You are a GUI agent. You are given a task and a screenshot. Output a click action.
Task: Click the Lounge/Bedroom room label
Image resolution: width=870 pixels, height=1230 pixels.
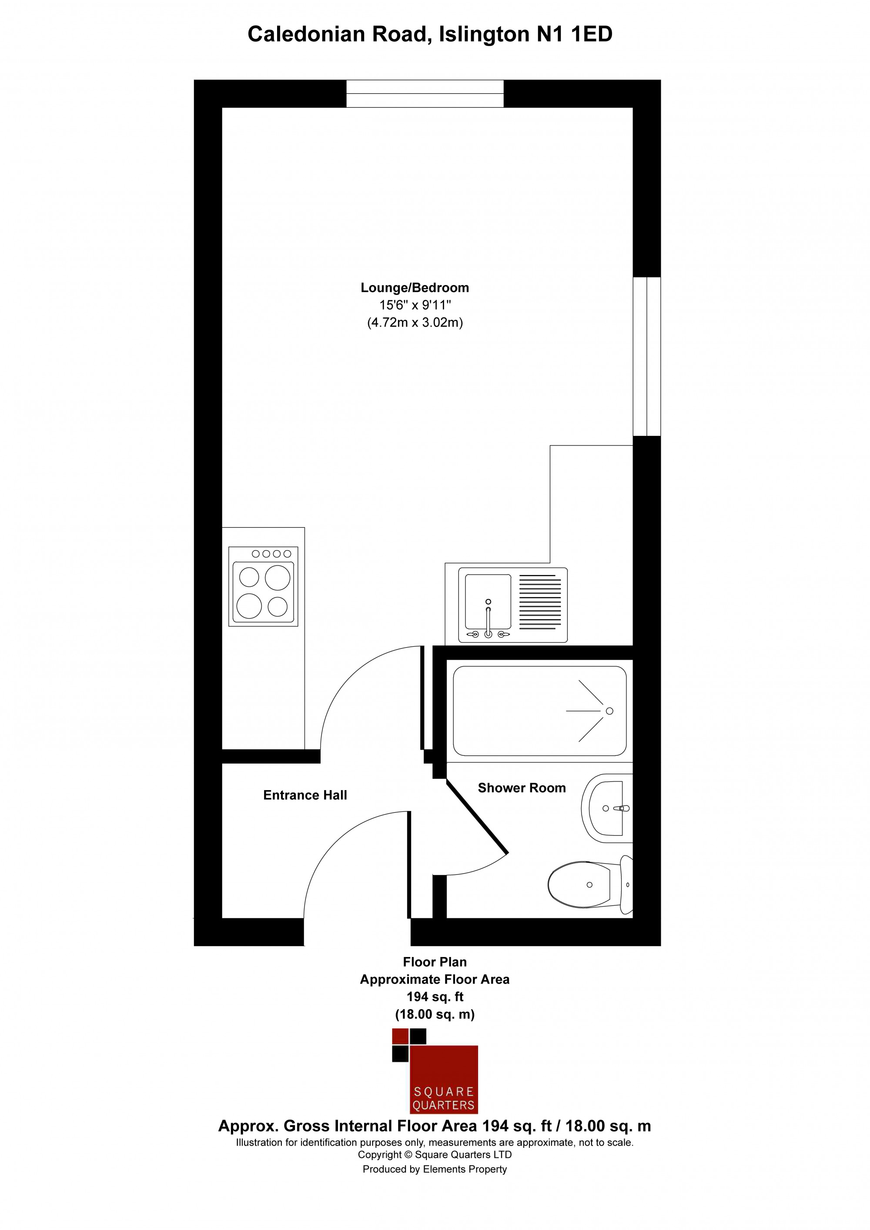coord(415,288)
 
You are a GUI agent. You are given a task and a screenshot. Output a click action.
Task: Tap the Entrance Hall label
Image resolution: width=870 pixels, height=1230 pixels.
coord(305,795)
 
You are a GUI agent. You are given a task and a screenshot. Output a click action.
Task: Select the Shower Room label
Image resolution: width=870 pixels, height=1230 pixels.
coord(522,788)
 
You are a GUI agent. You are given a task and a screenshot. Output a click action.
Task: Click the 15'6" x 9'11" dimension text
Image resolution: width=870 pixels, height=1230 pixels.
coord(415,306)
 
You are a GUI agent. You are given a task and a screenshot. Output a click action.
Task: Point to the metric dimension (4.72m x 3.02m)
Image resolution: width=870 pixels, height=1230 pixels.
coord(415,322)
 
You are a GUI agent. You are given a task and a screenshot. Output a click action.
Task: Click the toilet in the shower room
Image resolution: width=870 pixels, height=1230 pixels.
coord(590,884)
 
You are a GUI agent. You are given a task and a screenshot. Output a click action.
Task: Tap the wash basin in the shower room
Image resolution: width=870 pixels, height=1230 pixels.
coord(607,808)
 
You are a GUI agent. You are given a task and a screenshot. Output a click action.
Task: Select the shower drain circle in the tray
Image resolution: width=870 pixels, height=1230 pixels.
coord(609,711)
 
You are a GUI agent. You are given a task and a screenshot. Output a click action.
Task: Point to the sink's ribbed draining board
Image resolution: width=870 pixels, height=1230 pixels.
coord(540,602)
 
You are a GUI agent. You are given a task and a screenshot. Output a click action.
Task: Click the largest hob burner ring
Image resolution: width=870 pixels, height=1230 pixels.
coord(277,578)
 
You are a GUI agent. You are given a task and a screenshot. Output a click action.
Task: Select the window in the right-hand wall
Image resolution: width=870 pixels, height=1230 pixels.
coord(646,356)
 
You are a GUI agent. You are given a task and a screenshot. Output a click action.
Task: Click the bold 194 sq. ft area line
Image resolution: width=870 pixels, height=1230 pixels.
coord(435,997)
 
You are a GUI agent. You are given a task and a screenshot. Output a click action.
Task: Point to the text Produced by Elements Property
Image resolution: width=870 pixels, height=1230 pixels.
coord(435,1169)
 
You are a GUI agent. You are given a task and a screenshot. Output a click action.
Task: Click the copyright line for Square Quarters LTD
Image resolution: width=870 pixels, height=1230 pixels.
coord(435,1155)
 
